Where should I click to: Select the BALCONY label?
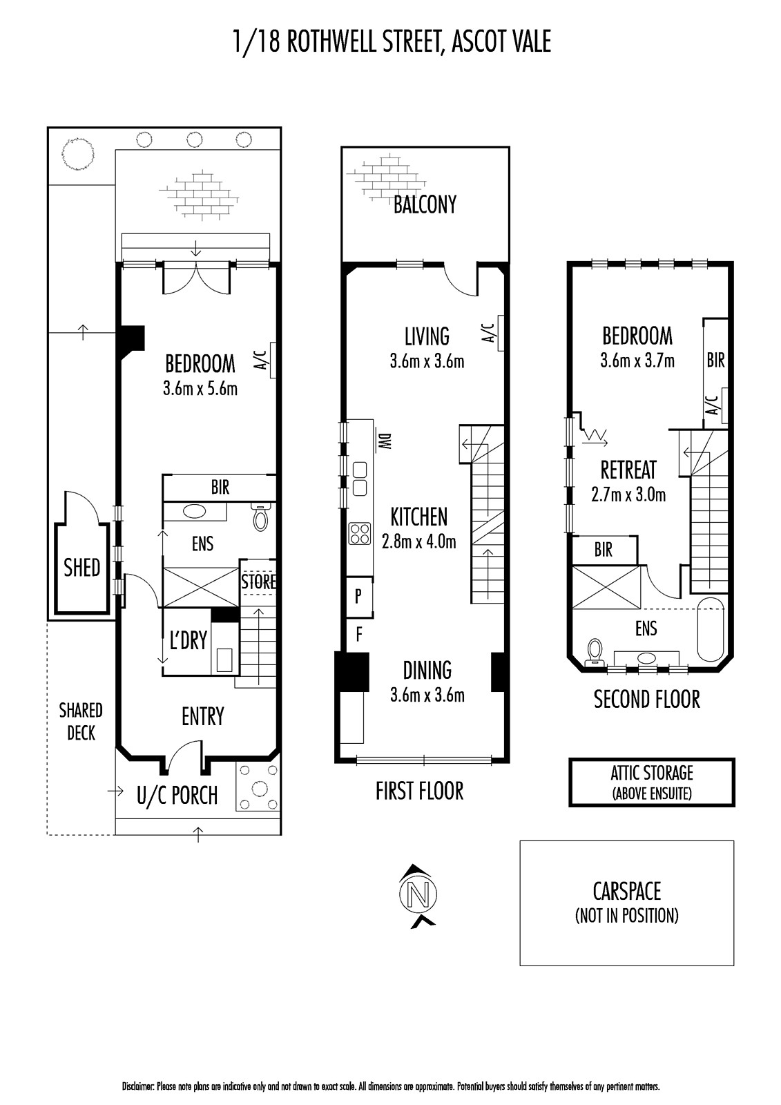pos(425,204)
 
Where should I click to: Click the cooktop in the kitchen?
pos(360,533)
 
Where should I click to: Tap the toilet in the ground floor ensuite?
pos(260,516)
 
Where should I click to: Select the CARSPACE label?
pos(626,891)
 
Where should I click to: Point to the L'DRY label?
pos(188,640)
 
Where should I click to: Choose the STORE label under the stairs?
pos(258,582)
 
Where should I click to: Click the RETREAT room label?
pos(628,470)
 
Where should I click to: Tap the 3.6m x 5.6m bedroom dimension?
pos(200,389)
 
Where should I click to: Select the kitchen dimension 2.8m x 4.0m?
pos(419,542)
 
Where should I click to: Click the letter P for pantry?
pos(358,597)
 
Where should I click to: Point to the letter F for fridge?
pos(358,635)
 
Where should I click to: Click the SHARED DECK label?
pos(81,722)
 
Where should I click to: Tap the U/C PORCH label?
pos(177,796)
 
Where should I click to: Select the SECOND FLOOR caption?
pos(646,700)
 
